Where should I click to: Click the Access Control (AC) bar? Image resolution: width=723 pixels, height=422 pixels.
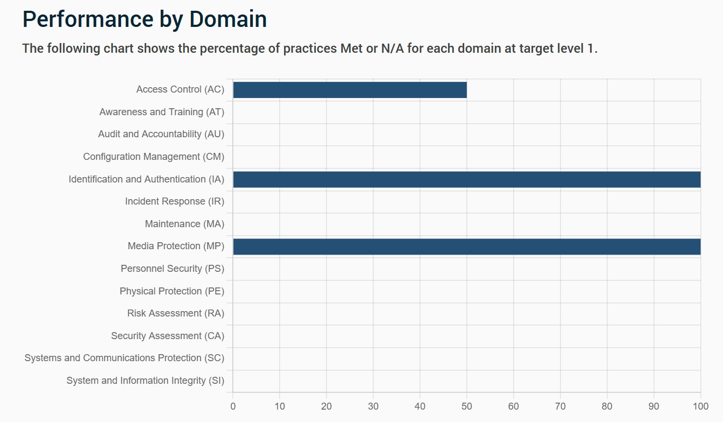350,90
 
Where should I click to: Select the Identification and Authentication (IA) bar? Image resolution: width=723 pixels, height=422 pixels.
467,180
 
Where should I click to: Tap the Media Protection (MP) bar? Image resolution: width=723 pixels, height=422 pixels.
467,247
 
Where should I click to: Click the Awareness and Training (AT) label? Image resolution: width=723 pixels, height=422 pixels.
162,112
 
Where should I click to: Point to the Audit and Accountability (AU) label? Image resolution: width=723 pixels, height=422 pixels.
161,135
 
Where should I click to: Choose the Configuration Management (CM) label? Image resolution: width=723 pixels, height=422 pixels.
154,157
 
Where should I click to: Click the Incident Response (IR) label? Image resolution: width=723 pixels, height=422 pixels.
175,201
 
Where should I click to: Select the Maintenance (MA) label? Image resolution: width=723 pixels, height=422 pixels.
185,224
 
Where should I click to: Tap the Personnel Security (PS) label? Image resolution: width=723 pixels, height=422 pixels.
172,269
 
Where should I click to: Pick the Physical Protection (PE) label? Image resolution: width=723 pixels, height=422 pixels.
172,291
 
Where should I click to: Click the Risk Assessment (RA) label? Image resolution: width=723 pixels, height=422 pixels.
175,313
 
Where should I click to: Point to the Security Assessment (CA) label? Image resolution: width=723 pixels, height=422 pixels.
167,336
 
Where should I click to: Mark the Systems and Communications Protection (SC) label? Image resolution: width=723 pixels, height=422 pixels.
124,358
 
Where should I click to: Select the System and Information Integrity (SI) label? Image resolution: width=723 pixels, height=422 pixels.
145,381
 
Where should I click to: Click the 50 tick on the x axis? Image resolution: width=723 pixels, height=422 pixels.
467,406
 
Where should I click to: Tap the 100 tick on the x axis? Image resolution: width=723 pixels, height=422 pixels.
701,406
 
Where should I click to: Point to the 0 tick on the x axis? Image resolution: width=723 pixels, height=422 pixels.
233,406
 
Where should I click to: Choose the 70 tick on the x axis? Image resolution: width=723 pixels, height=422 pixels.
561,406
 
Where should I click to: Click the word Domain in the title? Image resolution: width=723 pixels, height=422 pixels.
228,19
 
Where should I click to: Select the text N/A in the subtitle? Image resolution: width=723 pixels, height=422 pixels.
392,48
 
